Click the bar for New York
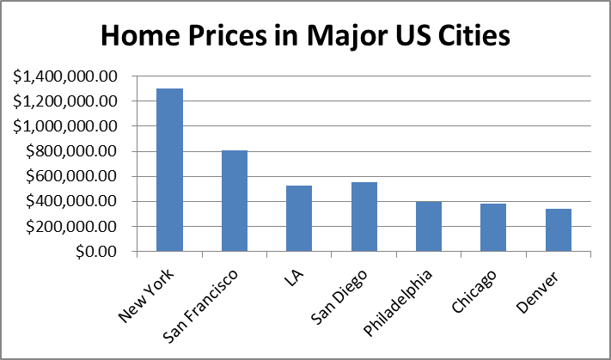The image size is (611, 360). pyautogui.click(x=169, y=170)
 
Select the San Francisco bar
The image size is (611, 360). pyautogui.click(x=235, y=201)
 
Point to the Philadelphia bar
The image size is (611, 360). pyautogui.click(x=429, y=227)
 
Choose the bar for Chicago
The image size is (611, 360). pyautogui.click(x=493, y=228)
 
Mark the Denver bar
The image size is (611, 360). pyautogui.click(x=559, y=230)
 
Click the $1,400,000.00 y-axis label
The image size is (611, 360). pyautogui.click(x=64, y=76)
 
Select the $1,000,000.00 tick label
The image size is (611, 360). pyautogui.click(x=64, y=126)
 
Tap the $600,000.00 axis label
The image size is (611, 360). pyautogui.click(x=72, y=176)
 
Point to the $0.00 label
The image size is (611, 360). pyautogui.click(x=96, y=252)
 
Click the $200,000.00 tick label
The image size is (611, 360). pyautogui.click(x=72, y=227)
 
